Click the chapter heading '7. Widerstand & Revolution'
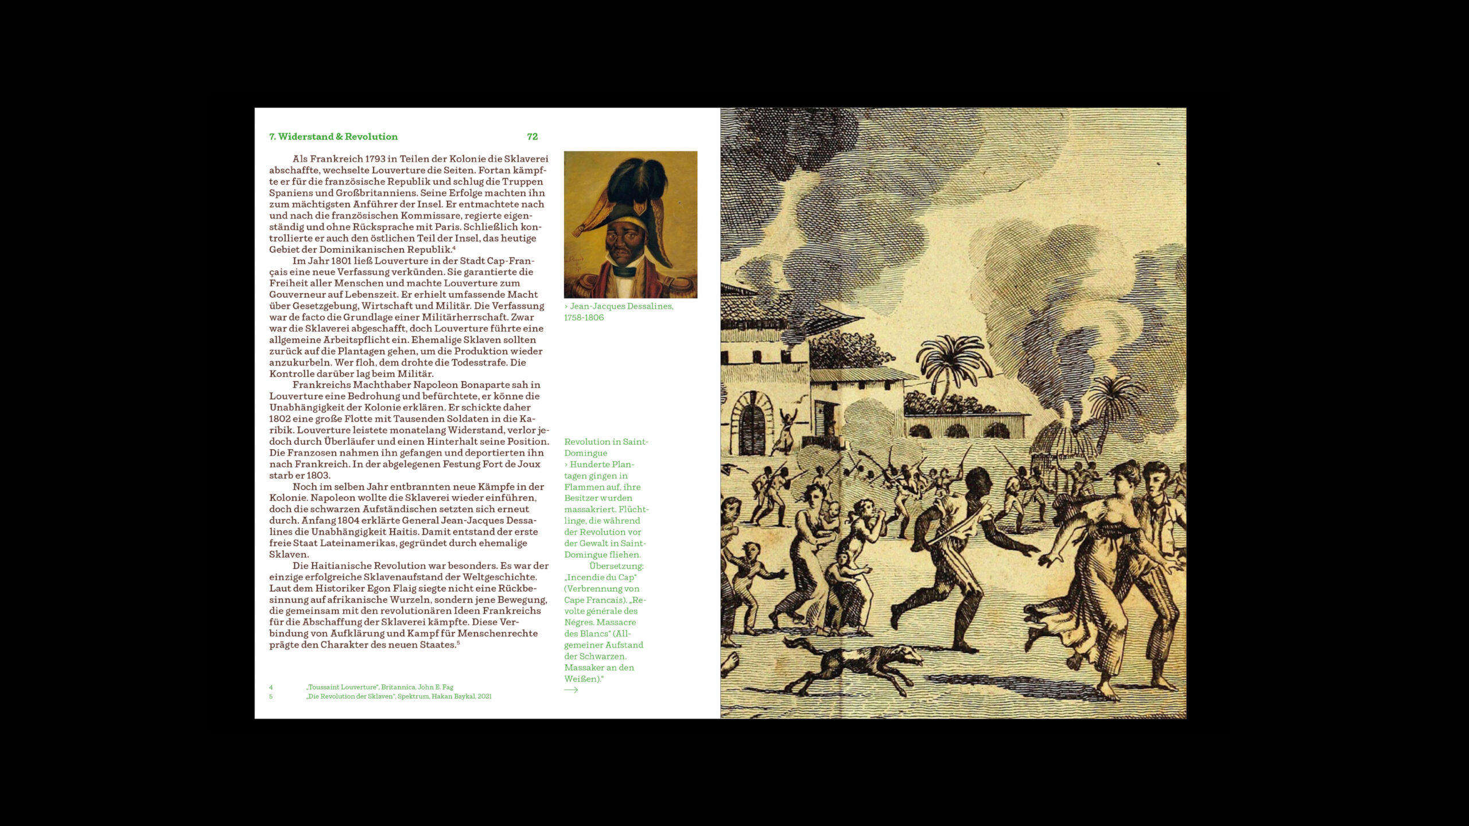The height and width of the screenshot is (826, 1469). [333, 137]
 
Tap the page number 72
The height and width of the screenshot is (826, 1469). [532, 137]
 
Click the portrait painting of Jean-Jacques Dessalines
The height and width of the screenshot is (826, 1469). [630, 224]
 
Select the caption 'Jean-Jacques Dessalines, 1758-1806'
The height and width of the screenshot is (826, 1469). [619, 311]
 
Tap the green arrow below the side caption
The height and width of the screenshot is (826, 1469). [571, 690]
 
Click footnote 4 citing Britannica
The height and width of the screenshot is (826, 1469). [379, 687]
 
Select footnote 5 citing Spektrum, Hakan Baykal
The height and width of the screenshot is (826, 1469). [399, 696]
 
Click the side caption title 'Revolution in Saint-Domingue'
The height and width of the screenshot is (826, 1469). [606, 447]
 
